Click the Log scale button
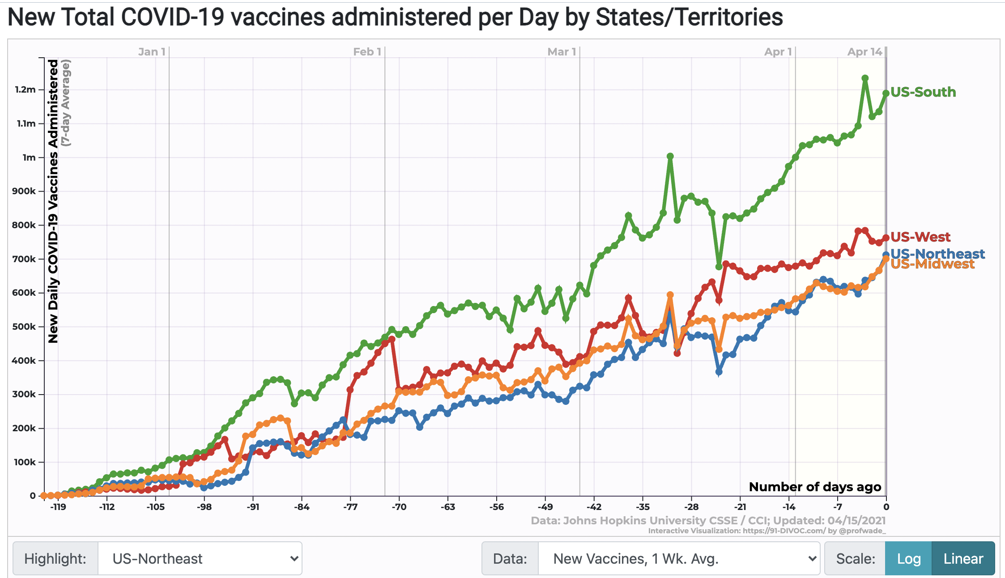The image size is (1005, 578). click(908, 559)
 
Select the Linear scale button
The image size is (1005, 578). click(963, 559)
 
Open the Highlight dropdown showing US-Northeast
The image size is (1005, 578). click(200, 559)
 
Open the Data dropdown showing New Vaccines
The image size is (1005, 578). click(678, 559)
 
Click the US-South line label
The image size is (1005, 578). click(923, 92)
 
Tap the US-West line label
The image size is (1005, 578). click(920, 237)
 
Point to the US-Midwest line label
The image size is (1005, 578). click(932, 265)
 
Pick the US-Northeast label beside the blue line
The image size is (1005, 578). click(938, 253)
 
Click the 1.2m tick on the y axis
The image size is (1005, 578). click(26, 89)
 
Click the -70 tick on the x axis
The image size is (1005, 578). click(399, 507)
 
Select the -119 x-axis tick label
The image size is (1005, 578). click(58, 507)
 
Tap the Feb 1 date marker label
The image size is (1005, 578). click(367, 52)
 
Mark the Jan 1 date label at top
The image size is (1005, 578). click(152, 52)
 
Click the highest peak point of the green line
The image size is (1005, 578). click(865, 78)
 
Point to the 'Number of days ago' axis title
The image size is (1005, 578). click(815, 487)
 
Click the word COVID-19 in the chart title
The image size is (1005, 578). click(172, 17)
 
